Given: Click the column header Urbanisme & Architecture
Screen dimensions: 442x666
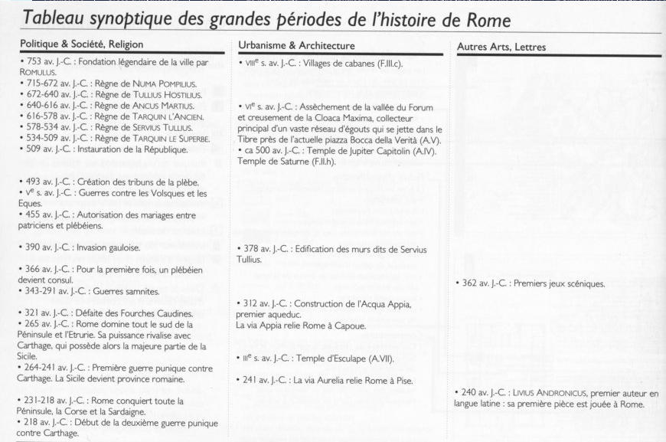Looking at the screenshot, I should [x=296, y=46].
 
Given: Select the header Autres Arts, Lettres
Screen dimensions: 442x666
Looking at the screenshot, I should [x=501, y=47].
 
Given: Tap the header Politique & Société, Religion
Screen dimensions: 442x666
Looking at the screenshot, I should [x=82, y=44].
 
